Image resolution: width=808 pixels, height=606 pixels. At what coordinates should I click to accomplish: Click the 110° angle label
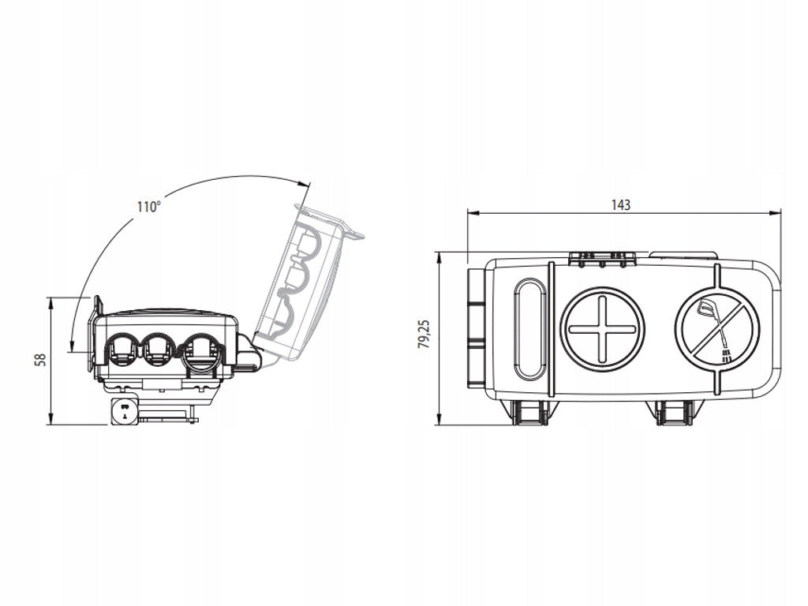point(148,207)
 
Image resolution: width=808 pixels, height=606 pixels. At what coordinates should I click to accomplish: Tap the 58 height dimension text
point(40,360)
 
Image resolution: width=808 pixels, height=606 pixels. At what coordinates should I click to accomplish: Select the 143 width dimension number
point(621,205)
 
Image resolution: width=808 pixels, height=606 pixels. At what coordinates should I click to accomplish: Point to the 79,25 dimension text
point(425,335)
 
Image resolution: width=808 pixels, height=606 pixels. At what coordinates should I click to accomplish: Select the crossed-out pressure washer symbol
point(717,328)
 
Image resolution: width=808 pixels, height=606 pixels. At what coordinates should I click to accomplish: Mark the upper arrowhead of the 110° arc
point(305,184)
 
